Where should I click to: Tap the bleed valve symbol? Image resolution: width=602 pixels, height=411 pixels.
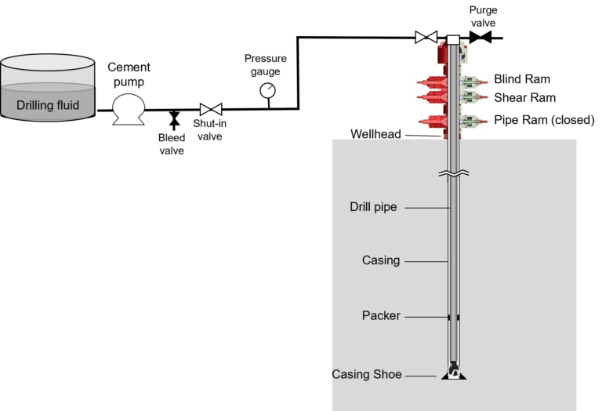[x=174, y=118]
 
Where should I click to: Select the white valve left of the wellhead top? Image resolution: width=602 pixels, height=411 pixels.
[x=426, y=37]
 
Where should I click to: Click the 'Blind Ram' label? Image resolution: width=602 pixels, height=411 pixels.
[x=521, y=79]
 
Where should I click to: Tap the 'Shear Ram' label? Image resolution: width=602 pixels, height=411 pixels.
[x=521, y=98]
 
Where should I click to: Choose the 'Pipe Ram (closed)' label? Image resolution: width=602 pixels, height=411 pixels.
[x=544, y=120]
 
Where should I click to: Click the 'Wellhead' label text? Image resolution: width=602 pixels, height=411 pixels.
[x=375, y=135]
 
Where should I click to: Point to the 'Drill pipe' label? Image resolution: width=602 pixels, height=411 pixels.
[x=373, y=208]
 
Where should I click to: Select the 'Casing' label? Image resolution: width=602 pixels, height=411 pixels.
[x=381, y=260]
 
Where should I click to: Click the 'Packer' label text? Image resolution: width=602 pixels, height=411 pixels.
[x=381, y=316]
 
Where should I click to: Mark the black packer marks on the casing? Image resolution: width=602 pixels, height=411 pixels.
[x=454, y=317]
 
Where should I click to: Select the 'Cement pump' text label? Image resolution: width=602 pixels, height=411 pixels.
[x=129, y=75]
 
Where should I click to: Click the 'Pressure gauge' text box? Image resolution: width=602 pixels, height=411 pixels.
[x=267, y=64]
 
